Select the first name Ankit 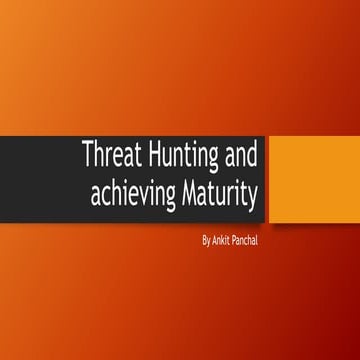click(x=222, y=241)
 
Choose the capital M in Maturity click(x=185, y=192)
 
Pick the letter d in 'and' click(x=252, y=158)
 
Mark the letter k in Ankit click(x=225, y=241)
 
